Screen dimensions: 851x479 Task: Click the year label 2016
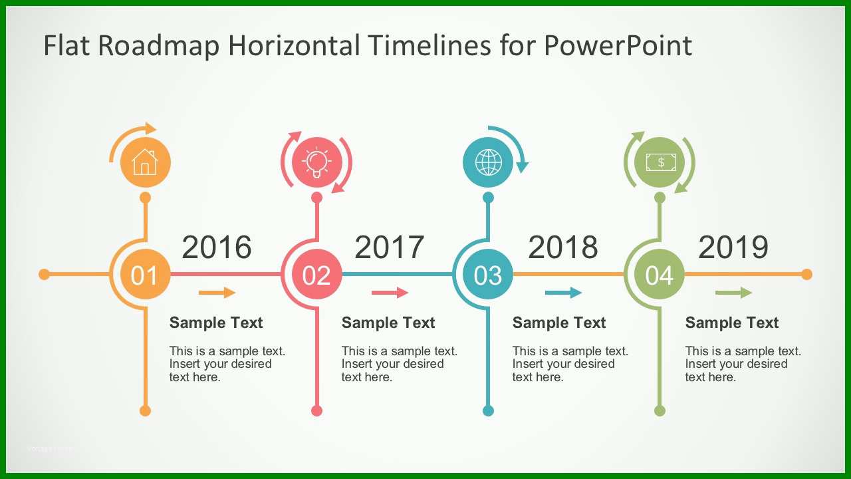tap(217, 247)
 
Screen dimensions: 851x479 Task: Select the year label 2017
tap(390, 247)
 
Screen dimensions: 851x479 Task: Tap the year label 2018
tap(562, 247)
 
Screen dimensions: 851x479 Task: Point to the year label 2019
tap(733, 247)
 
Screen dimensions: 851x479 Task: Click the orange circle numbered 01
tap(145, 274)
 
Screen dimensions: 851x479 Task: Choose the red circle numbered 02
tap(317, 274)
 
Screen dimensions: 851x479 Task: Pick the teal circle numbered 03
tap(488, 274)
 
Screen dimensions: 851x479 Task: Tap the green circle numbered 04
tap(660, 274)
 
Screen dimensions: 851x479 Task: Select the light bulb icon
tap(317, 163)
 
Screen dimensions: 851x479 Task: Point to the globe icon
tap(488, 162)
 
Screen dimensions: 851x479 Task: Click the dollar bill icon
tap(661, 162)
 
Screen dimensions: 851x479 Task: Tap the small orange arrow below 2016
tap(217, 292)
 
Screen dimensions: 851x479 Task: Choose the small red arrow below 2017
tap(390, 292)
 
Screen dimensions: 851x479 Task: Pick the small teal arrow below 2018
tap(563, 292)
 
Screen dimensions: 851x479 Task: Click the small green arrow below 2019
tap(733, 292)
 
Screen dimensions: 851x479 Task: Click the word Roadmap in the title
tap(159, 45)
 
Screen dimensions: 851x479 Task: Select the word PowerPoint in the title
tap(618, 45)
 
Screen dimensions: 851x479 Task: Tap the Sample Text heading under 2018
tap(559, 323)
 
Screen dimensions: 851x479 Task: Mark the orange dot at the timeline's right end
tap(806, 274)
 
